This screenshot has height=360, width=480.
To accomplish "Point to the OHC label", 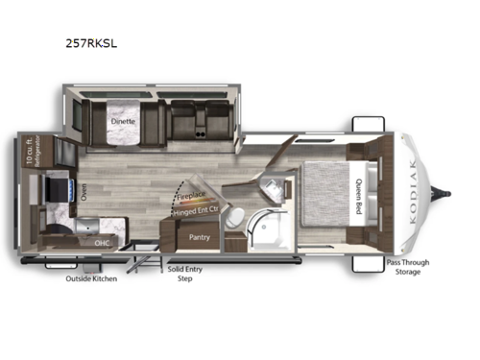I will click(104, 244).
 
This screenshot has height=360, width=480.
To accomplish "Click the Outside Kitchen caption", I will click(92, 280).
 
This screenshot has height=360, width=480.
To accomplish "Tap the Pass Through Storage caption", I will click(407, 267).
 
